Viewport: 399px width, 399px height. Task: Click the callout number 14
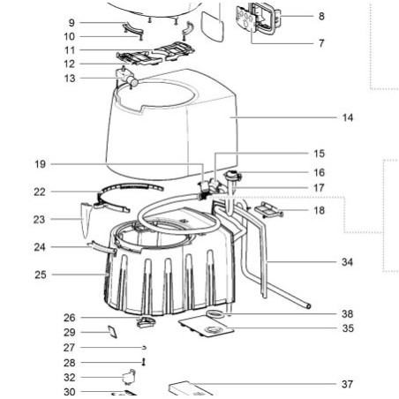pos(347,117)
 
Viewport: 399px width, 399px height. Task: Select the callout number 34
pos(347,262)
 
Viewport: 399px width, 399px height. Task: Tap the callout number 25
pos(40,275)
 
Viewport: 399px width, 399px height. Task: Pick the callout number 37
pos(347,384)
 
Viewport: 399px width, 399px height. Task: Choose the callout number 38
pos(347,313)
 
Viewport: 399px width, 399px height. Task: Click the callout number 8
pos(320,16)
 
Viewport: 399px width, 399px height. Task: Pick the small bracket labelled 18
pos(266,210)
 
